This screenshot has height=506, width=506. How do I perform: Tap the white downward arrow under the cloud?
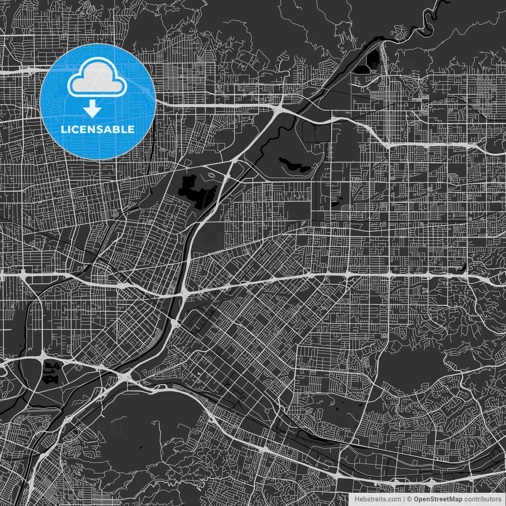93,108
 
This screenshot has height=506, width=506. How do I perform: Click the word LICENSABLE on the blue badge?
97,129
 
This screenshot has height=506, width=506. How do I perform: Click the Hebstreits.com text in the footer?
377,499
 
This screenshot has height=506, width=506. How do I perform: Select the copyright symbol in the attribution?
410,499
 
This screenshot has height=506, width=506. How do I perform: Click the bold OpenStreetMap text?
438,499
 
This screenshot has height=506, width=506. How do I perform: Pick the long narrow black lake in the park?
295,165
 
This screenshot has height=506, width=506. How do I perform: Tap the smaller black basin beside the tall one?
362,69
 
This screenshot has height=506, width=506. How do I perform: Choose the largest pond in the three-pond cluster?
49,379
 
